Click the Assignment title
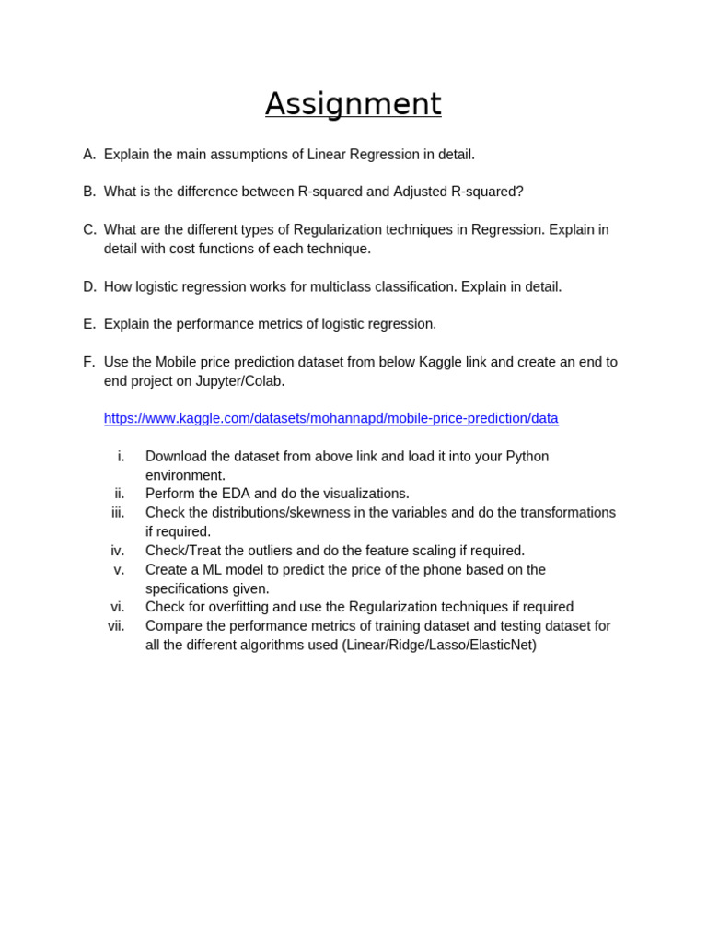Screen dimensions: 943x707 (x=353, y=104)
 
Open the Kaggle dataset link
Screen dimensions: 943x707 (x=330, y=418)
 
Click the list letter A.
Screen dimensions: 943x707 (x=89, y=155)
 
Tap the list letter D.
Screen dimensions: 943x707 (x=89, y=286)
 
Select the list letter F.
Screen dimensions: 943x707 (x=88, y=362)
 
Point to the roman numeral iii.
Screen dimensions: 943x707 (x=118, y=513)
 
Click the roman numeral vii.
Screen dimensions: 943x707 (x=116, y=626)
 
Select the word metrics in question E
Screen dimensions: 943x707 (x=289, y=324)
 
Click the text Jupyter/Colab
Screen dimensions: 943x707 (x=239, y=381)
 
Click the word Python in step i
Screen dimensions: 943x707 (x=527, y=457)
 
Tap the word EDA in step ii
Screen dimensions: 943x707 (x=236, y=494)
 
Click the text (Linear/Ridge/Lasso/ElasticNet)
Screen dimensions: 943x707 (x=439, y=645)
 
